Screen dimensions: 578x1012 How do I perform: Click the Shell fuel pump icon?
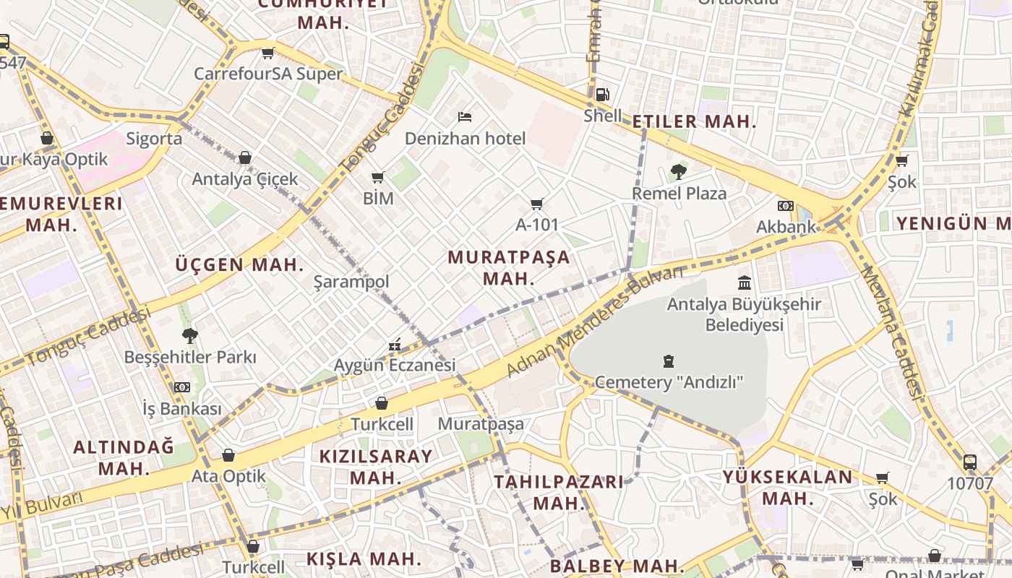coord(602,94)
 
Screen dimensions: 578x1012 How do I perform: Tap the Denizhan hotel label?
coord(465,138)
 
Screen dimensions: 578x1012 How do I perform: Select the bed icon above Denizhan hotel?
coord(465,116)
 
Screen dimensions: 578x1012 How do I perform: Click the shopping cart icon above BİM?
coord(377,177)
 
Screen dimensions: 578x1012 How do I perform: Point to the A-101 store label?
coord(537,225)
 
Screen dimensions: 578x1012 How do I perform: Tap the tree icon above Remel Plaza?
coord(678,172)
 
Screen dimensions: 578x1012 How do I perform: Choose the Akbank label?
coord(786,227)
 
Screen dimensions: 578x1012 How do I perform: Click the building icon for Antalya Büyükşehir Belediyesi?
coord(745,282)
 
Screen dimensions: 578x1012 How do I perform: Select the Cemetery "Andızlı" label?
coord(669,382)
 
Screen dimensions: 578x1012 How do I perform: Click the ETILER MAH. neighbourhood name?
coord(694,122)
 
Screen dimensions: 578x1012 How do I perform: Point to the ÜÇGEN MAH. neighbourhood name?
coord(239,264)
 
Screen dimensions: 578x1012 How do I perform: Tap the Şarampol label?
coord(351,282)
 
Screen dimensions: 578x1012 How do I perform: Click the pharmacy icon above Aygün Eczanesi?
coord(395,345)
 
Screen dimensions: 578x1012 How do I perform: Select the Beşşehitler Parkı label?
coord(190,357)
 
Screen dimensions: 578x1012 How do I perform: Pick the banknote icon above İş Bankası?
coord(182,387)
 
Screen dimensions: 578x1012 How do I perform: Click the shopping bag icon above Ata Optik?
coord(228,455)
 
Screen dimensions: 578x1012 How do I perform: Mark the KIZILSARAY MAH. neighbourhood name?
coord(376,467)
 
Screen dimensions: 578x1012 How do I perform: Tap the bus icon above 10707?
coord(970,462)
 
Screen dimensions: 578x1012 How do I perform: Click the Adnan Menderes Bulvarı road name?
coord(594,322)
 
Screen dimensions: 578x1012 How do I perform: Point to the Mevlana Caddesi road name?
coord(892,332)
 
